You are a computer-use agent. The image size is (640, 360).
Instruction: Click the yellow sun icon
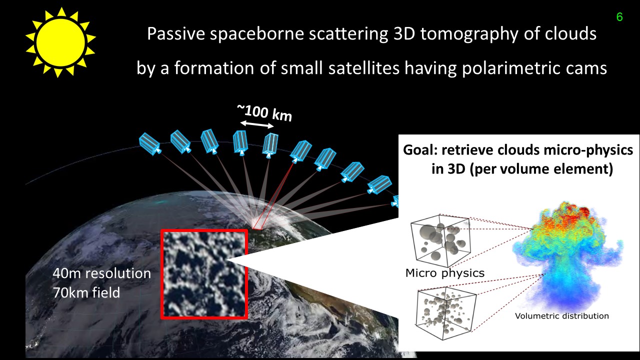60,42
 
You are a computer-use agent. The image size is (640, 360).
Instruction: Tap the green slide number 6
619,17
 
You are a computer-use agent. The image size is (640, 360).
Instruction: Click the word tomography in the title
469,33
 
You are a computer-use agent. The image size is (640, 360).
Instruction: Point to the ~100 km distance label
264,113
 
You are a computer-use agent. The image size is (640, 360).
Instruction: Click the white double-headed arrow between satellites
257,124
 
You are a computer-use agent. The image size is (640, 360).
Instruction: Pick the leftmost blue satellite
150,144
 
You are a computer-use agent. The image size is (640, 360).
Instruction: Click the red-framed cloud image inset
204,274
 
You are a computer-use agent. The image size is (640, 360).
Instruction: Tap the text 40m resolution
101,273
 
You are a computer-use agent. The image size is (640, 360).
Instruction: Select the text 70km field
86,292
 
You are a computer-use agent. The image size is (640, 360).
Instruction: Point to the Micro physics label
445,273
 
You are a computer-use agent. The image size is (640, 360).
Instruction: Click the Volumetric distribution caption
561,316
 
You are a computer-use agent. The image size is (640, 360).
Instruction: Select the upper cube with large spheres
440,240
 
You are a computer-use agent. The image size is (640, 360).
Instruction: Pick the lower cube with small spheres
445,315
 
